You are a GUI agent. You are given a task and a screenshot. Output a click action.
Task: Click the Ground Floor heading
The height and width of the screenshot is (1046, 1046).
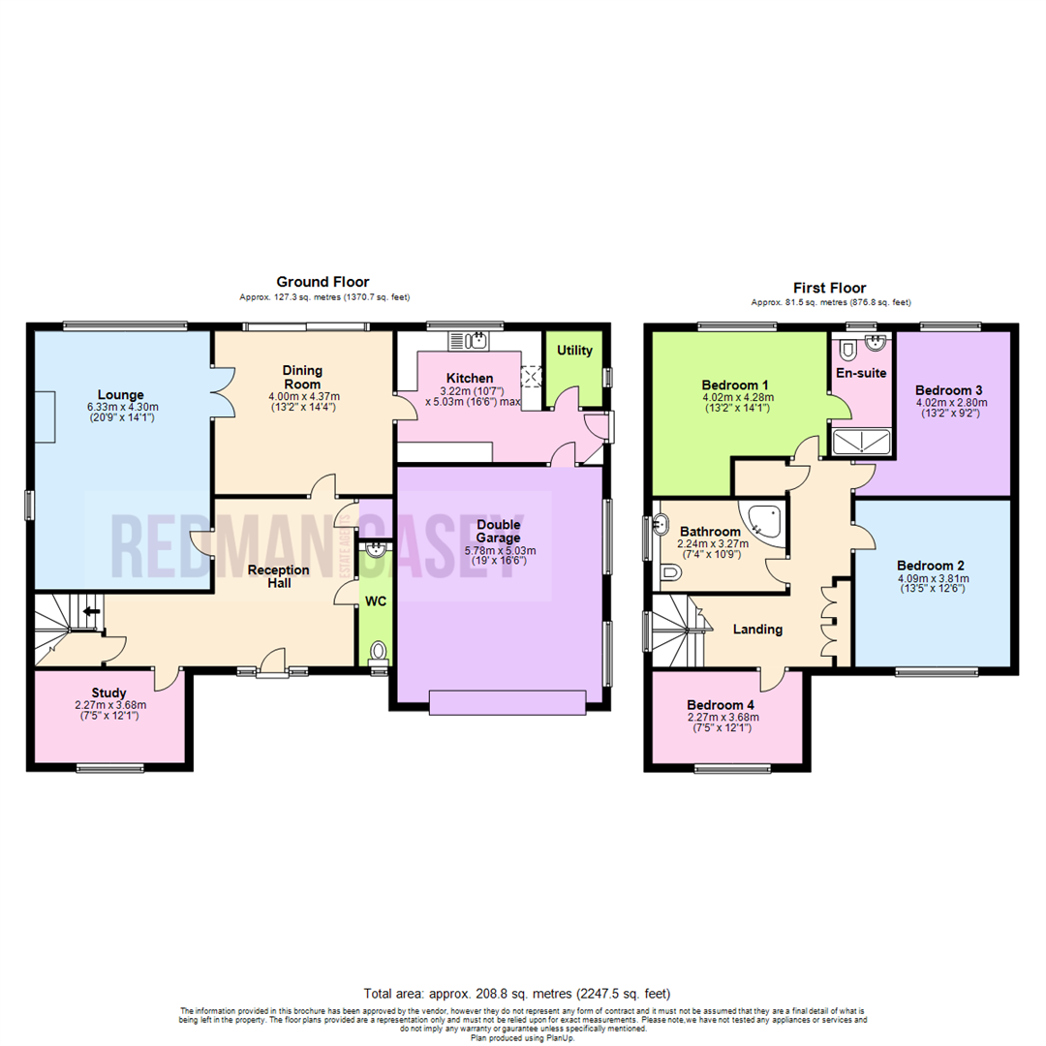[323, 282]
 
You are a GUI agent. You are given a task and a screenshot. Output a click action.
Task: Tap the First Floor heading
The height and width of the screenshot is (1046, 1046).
[829, 288]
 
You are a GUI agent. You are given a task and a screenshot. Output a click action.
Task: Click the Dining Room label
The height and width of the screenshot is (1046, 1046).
[302, 377]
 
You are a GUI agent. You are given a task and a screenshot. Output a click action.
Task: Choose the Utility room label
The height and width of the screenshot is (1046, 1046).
[574, 351]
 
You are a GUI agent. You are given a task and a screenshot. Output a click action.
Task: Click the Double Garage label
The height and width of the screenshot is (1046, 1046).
[499, 531]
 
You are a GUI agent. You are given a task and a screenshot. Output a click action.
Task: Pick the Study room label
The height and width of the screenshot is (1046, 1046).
[109, 692]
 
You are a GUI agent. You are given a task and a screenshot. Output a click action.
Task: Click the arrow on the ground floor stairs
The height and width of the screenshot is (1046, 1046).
[93, 611]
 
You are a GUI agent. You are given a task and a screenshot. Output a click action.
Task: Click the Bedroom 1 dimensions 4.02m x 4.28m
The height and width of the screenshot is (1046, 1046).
[737, 396]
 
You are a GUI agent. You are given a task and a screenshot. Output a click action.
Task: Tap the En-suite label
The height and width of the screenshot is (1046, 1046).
[860, 372]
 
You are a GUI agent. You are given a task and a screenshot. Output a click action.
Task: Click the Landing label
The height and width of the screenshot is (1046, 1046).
[757, 630]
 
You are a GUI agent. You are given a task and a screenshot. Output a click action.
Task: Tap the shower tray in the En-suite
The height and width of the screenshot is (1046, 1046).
[861, 442]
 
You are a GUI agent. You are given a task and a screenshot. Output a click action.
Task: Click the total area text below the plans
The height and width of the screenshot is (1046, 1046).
[516, 994]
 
